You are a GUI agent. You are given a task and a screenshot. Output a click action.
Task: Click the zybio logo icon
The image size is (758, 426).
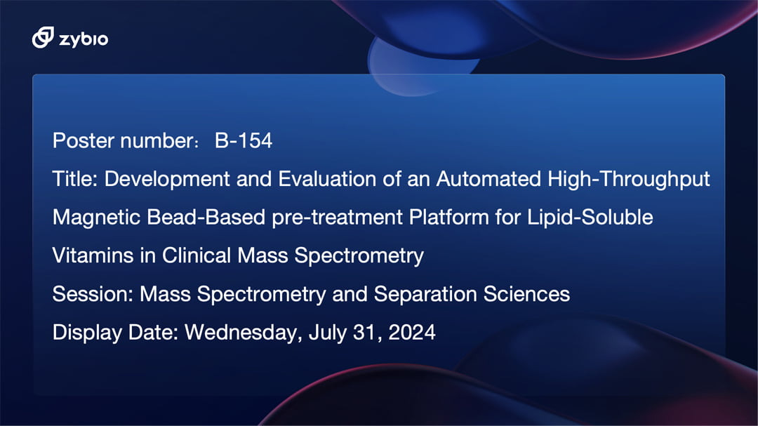pyautogui.click(x=43, y=37)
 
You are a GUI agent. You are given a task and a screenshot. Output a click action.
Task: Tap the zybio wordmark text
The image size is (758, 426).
pyautogui.click(x=84, y=39)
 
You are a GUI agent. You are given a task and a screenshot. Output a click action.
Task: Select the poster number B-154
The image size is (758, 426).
pyautogui.click(x=243, y=140)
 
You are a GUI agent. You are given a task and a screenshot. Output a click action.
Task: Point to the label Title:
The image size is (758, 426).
pyautogui.click(x=75, y=179)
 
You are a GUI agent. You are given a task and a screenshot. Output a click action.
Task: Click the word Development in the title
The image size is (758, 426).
pyautogui.click(x=167, y=180)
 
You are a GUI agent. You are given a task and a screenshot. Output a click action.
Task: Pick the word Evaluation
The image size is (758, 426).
pyautogui.click(x=327, y=179)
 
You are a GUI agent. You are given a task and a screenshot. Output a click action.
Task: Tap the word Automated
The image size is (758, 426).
pyautogui.click(x=488, y=179)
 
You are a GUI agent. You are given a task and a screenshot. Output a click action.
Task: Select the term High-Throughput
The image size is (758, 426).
pyautogui.click(x=628, y=180)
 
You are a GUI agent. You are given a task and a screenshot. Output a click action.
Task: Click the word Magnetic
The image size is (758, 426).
pyautogui.click(x=96, y=218)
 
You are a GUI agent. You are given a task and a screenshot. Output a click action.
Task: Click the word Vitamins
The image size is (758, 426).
pyautogui.click(x=93, y=255)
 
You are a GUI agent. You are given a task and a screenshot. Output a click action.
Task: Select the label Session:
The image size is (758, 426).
pyautogui.click(x=93, y=294)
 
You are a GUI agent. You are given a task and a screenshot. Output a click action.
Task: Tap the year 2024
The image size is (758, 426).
pyautogui.click(x=412, y=332)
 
